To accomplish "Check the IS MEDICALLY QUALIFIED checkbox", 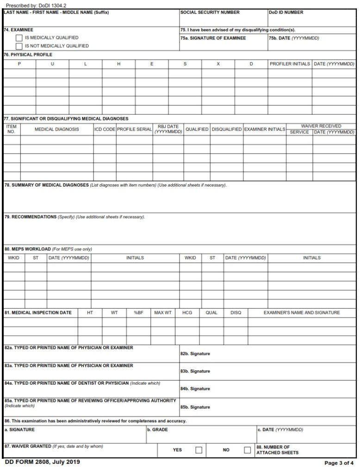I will click(x=19, y=38).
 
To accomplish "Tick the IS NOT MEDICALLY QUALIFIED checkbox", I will click(x=19, y=46).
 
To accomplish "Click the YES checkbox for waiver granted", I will click(x=199, y=450).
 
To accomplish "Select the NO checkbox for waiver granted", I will click(x=248, y=450).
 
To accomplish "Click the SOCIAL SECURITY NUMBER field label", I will click(x=210, y=12).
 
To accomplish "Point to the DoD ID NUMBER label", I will click(x=286, y=12).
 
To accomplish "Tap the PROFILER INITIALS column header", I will click(x=290, y=64).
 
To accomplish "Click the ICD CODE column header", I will click(x=105, y=129).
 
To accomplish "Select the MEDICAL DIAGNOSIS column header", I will click(x=56, y=129).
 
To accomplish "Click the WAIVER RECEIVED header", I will click(x=321, y=126).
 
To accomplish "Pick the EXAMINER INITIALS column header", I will click(x=264, y=129).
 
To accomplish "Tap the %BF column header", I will click(x=138, y=312).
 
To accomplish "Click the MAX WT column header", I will click(x=162, y=312).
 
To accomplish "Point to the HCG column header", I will click(x=187, y=312).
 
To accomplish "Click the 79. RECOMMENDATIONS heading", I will click(x=31, y=217).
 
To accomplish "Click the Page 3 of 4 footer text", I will click(x=340, y=463).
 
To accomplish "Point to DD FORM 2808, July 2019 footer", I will click(x=42, y=462).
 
